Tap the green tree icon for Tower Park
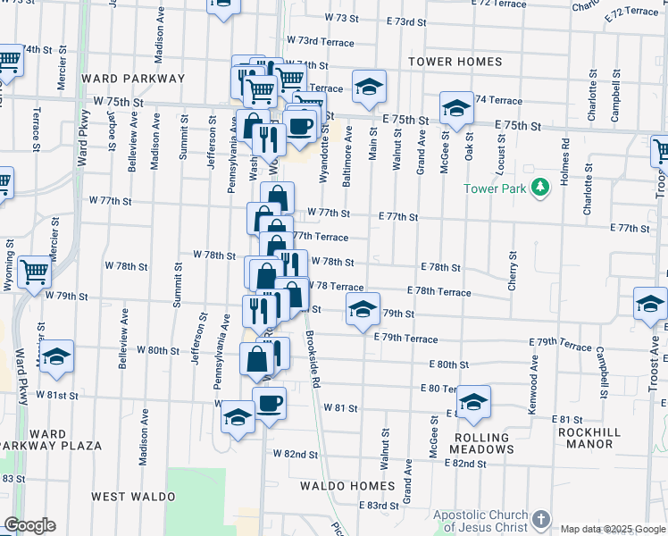tap(539, 188)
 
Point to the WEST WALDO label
tap(128, 495)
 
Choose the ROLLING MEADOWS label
tap(482, 444)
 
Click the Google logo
tap(29, 525)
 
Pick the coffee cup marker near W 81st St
tap(269, 404)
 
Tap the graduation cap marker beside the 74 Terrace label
tap(456, 108)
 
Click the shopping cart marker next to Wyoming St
tap(34, 270)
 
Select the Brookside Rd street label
tap(313, 362)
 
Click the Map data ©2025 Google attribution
tap(613, 529)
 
